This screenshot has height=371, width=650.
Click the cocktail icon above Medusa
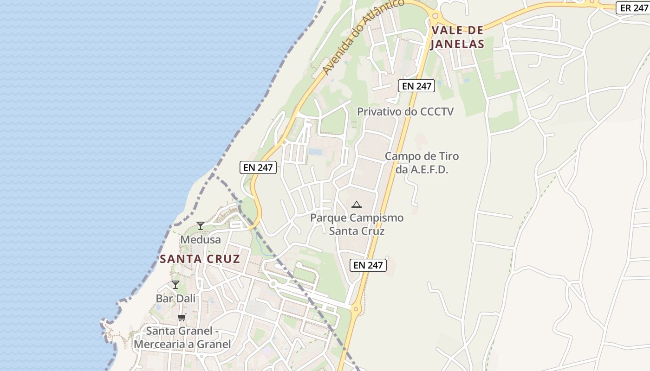coord(201,226)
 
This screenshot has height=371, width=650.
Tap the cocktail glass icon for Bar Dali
coord(175,285)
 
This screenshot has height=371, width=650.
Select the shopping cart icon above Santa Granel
coord(182,318)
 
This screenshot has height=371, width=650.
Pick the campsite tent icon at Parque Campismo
coord(357,205)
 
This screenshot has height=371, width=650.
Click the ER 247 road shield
coord(634,8)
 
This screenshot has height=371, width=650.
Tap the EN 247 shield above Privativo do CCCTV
coord(416,86)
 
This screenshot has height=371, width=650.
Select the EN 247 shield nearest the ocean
coord(258,167)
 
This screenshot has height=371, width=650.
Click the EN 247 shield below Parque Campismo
coord(368,265)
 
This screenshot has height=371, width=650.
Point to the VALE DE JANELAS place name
coord(458,38)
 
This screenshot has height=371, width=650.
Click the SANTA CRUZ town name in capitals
coord(200,259)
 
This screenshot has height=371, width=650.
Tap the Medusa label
coord(201,240)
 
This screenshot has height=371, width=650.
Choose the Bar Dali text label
coord(175,299)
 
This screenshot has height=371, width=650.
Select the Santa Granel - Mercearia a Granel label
coord(182,338)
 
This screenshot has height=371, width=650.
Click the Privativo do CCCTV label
coord(405,112)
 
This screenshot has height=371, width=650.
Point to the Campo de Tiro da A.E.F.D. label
coord(422,163)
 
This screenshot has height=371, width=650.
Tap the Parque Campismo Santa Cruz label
coord(357,224)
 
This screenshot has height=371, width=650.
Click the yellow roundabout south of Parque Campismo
coord(356,308)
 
